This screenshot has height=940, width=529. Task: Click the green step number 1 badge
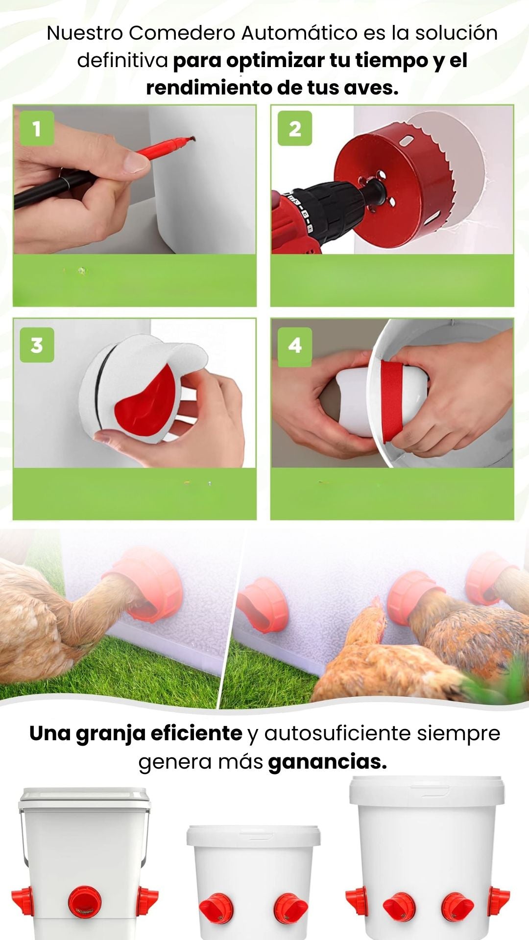pos(37,128)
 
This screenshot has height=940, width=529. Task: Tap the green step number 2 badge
pos(295,128)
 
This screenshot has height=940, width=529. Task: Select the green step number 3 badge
pos(37,345)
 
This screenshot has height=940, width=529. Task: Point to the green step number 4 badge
pos(295,345)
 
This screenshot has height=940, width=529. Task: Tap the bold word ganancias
pos(327,762)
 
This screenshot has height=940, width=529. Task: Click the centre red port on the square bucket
pos(85,902)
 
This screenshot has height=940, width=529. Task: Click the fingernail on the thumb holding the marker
pos(135,163)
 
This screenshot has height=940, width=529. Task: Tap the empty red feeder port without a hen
pos(263,605)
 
